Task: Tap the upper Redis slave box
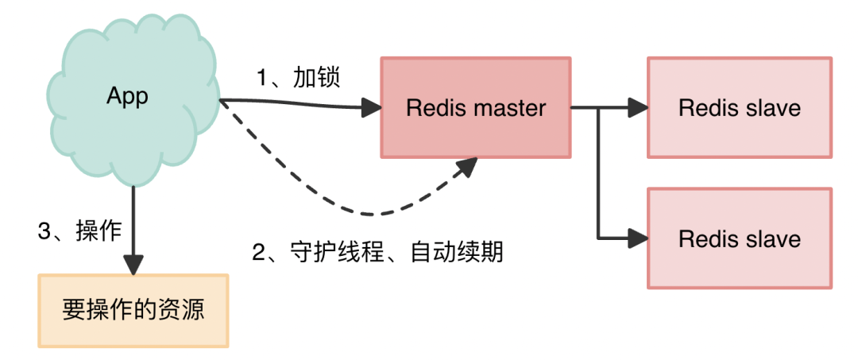pyautogui.click(x=739, y=107)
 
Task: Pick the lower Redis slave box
pyautogui.click(x=739, y=238)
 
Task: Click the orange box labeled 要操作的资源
pyautogui.click(x=133, y=310)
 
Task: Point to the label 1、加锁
pyautogui.click(x=298, y=78)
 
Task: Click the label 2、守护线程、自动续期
pyautogui.click(x=377, y=253)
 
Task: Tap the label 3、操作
pyautogui.click(x=79, y=230)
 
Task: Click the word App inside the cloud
pyautogui.click(x=127, y=96)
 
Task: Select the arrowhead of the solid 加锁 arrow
pyautogui.click(x=371, y=106)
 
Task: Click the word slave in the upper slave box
pyautogui.click(x=771, y=108)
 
